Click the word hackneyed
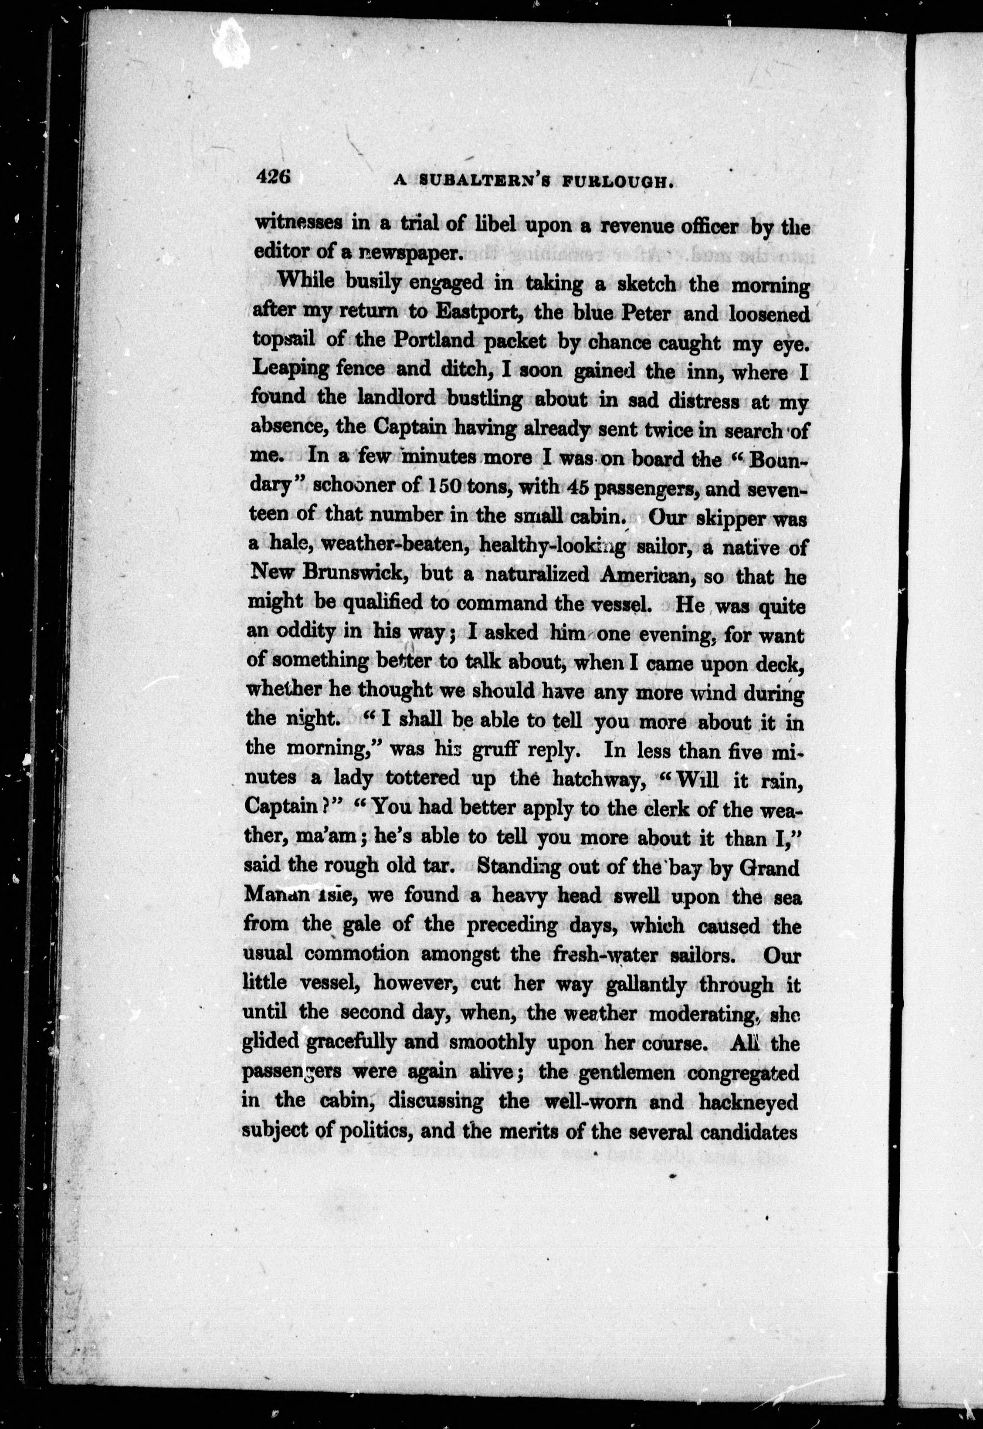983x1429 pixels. [x=748, y=1101]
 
